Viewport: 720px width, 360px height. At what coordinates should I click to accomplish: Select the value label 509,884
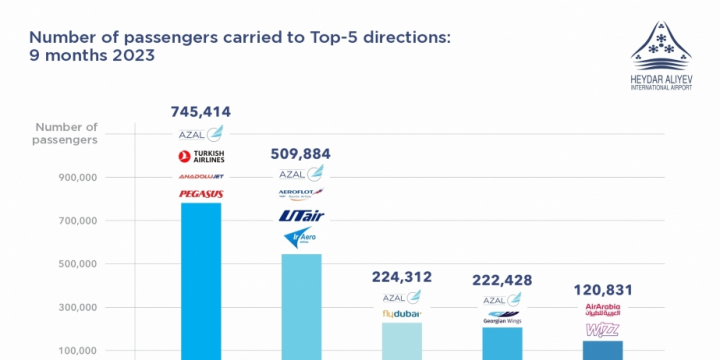(x=301, y=154)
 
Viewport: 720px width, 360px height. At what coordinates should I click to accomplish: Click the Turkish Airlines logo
(x=201, y=156)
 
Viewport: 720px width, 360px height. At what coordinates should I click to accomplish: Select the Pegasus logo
(x=201, y=193)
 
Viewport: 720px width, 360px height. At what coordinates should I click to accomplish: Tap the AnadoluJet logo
(x=201, y=176)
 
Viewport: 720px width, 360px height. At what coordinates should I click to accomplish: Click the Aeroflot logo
(x=301, y=193)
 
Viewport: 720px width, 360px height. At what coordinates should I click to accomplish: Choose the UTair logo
(x=301, y=215)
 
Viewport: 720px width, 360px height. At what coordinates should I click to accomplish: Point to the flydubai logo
(x=402, y=314)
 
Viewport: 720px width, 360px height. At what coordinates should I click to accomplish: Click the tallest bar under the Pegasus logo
(x=201, y=280)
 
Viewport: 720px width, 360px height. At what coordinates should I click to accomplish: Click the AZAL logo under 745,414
(x=201, y=134)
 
